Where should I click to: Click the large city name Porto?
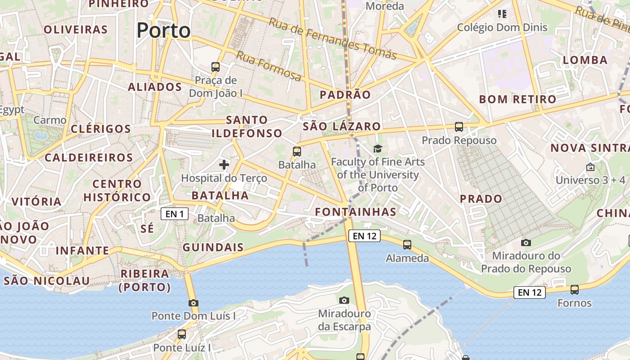click(x=163, y=31)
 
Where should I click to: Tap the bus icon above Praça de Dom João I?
click(x=216, y=67)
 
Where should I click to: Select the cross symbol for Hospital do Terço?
click(x=224, y=165)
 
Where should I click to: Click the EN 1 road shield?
click(x=175, y=214)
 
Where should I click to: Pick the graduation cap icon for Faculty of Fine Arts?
click(x=378, y=148)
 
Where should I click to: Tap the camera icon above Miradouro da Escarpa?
click(x=344, y=300)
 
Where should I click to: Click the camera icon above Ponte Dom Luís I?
click(x=193, y=303)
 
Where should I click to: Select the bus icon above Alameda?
click(x=407, y=245)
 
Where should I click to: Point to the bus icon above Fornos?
click(x=575, y=289)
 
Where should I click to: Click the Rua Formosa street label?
click(x=269, y=66)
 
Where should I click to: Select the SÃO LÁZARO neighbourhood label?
click(x=342, y=126)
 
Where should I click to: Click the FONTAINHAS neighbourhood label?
click(x=355, y=212)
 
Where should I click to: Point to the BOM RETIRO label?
click(x=517, y=99)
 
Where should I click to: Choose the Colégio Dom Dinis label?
click(x=502, y=27)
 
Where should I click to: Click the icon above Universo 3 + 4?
click(x=590, y=167)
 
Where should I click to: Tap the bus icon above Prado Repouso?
click(x=459, y=127)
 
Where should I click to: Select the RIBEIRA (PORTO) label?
click(x=145, y=280)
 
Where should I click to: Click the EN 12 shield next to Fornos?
click(x=530, y=292)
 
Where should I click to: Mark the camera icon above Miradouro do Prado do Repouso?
click(x=526, y=243)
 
